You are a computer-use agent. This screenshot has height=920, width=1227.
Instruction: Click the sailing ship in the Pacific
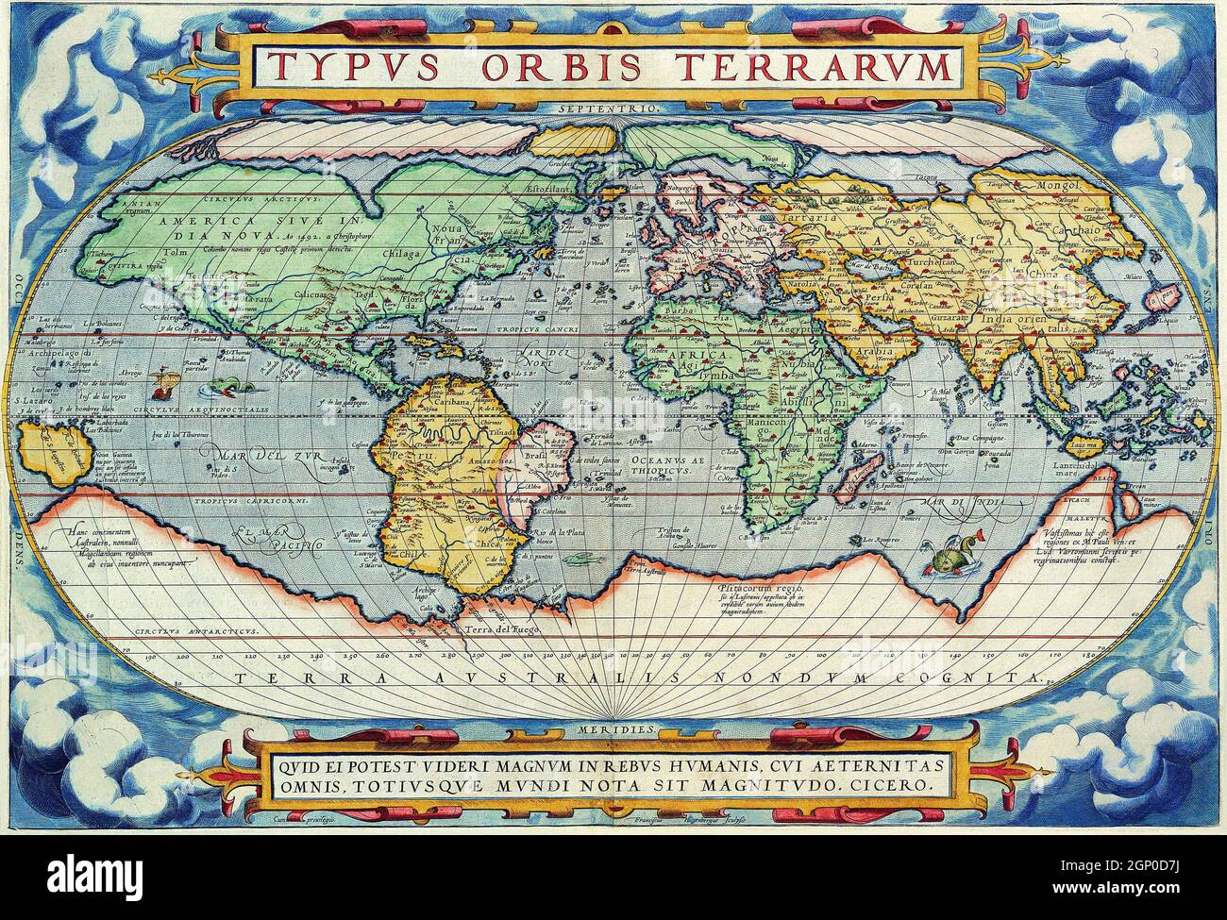tap(166, 381)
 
